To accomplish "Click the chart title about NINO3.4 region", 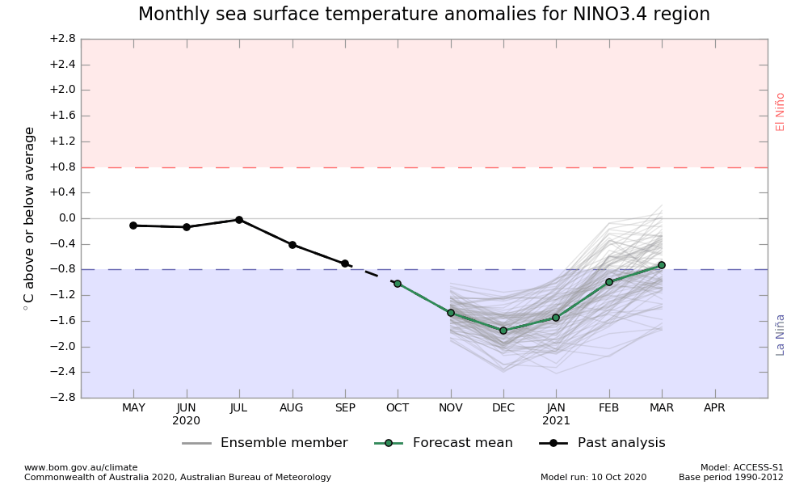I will coord(423,15).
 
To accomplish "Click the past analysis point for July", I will coord(239,220).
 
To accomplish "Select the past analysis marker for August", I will coord(292,245).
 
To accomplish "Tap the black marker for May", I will coord(133,226).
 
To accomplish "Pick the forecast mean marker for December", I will coord(503,331).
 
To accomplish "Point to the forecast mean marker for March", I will coord(662,265).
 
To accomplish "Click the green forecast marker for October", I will coord(398,284).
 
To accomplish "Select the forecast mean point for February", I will coord(609,282).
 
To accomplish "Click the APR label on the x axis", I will coord(714,408).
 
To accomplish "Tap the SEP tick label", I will coord(345,408).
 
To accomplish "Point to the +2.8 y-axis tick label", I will coord(61,39).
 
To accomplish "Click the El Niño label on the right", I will coord(781,112).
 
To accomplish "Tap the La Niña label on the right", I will coord(781,335).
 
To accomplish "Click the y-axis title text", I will coord(30,218).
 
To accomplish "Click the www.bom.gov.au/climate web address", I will coord(81,467).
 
